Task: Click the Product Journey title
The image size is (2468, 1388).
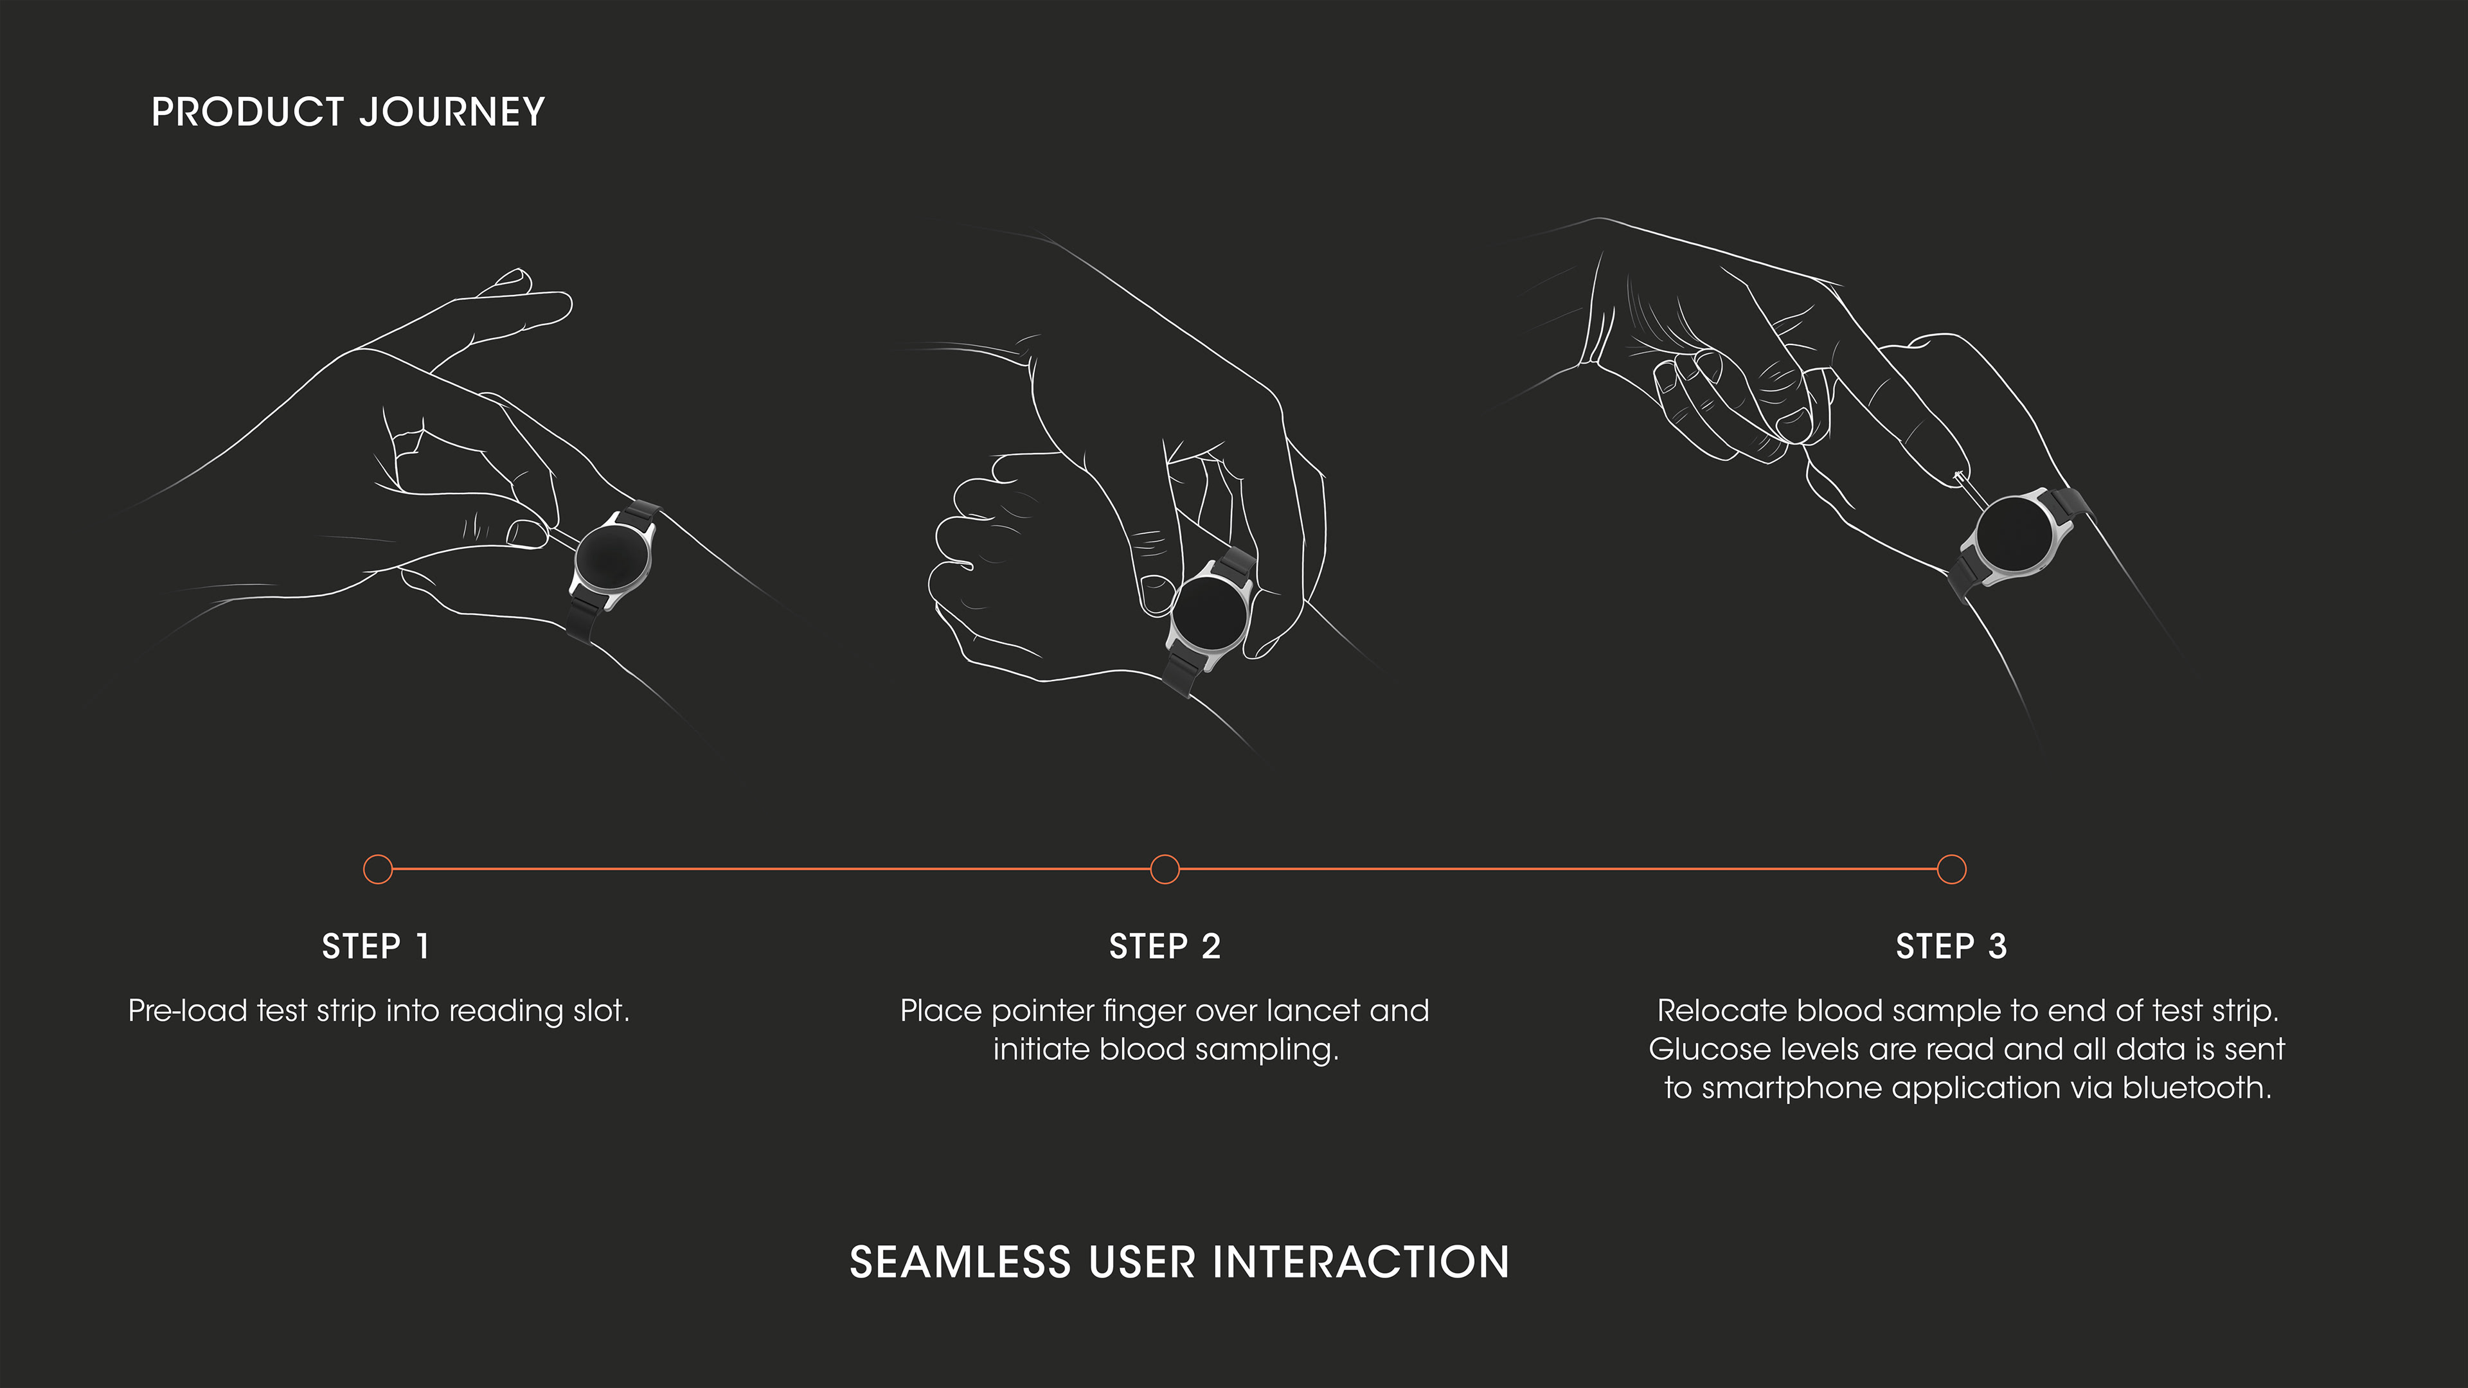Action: pyautogui.click(x=348, y=112)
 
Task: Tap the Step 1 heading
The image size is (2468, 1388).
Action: pyautogui.click(x=375, y=947)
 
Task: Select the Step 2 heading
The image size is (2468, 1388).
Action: pyautogui.click(x=1164, y=947)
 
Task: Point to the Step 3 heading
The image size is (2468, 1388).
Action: pyautogui.click(x=1951, y=947)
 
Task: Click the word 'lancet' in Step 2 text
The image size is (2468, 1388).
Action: pyautogui.click(x=1312, y=1011)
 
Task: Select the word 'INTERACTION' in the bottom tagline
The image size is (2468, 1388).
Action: pyautogui.click(x=1361, y=1263)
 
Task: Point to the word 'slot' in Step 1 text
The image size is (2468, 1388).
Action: pyautogui.click(x=601, y=1011)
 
